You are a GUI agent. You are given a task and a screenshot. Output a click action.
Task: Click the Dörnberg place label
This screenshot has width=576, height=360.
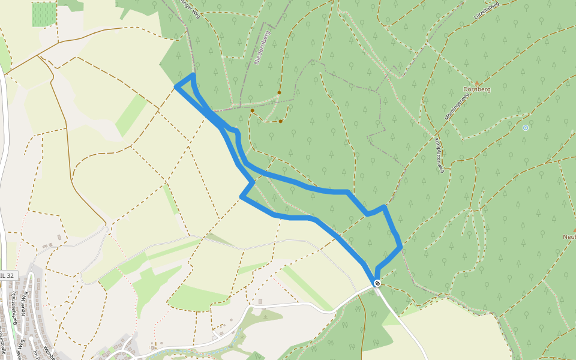point(477,89)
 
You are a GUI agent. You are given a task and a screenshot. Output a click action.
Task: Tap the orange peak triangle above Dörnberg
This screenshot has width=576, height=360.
point(477,83)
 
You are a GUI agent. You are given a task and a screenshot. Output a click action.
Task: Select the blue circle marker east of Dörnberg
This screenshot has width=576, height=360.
point(526,127)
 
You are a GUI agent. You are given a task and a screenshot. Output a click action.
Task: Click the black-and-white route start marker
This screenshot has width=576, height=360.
point(377,283)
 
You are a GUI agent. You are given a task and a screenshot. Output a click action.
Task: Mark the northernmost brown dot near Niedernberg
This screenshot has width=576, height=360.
point(279,92)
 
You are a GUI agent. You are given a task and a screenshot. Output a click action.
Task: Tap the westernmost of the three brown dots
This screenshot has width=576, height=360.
point(253,110)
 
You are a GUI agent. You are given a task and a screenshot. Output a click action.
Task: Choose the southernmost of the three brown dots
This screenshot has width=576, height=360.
point(280,121)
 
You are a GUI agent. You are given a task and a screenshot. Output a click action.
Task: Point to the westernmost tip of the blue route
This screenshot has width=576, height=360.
point(176,88)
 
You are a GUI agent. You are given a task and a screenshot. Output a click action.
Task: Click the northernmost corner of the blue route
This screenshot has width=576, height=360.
point(193,75)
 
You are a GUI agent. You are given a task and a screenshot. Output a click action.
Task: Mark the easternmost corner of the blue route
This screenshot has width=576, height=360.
point(400,246)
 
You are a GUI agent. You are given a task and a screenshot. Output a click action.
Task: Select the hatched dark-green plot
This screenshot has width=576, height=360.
point(43,14)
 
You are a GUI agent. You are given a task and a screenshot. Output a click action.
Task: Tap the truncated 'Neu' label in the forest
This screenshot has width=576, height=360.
point(569,236)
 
